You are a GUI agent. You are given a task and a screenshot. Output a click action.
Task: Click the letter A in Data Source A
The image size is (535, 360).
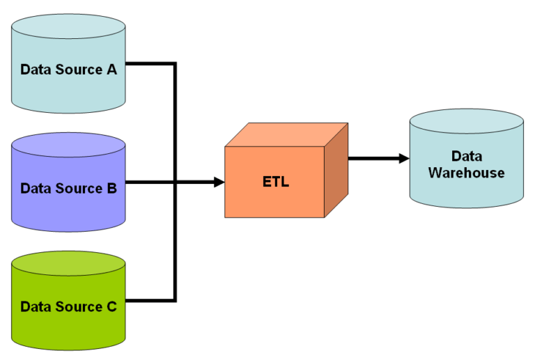pyautogui.click(x=111, y=70)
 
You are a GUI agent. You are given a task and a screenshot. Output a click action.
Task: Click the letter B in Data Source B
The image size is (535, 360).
pyautogui.click(x=111, y=188)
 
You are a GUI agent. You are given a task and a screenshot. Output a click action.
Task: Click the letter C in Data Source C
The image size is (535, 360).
pyautogui.click(x=111, y=306)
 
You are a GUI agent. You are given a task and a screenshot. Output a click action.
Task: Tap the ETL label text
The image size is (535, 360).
pyautogui.click(x=275, y=183)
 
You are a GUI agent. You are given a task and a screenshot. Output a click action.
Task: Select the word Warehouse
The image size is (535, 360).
pyautogui.click(x=466, y=173)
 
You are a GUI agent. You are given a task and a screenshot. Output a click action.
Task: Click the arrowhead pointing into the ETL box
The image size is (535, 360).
pyautogui.click(x=219, y=182)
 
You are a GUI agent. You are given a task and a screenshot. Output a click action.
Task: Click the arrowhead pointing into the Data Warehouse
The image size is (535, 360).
pyautogui.click(x=403, y=158)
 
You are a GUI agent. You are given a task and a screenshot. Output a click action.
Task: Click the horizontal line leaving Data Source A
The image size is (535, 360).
pyautogui.click(x=150, y=65)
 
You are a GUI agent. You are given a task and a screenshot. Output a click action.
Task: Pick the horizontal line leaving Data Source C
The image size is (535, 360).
pyautogui.click(x=150, y=301)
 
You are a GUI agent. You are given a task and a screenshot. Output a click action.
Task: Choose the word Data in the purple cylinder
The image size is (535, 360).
pyautogui.click(x=35, y=188)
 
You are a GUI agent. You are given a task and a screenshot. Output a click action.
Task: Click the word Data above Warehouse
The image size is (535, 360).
pyautogui.click(x=466, y=156)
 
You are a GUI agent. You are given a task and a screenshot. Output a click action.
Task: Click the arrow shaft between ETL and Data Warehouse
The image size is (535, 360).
pyautogui.click(x=373, y=158)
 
